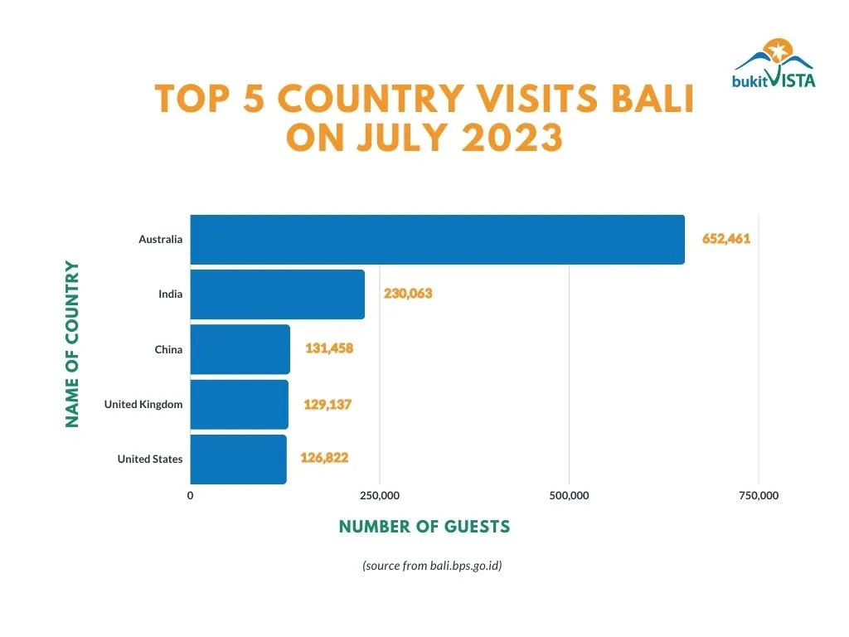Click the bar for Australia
[437, 240]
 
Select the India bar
[277, 294]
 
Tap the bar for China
[240, 349]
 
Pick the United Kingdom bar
[239, 404]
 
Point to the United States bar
[238, 459]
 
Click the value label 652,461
[726, 239]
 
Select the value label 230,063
[408, 294]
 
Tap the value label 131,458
[329, 348]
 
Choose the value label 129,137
[328, 404]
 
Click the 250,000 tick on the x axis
[380, 496]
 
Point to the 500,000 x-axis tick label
[570, 496]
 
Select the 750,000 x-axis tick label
[759, 496]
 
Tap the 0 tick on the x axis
[191, 496]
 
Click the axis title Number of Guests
[424, 527]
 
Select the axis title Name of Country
[73, 344]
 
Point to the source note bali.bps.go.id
[432, 566]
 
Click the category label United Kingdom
[143, 404]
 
